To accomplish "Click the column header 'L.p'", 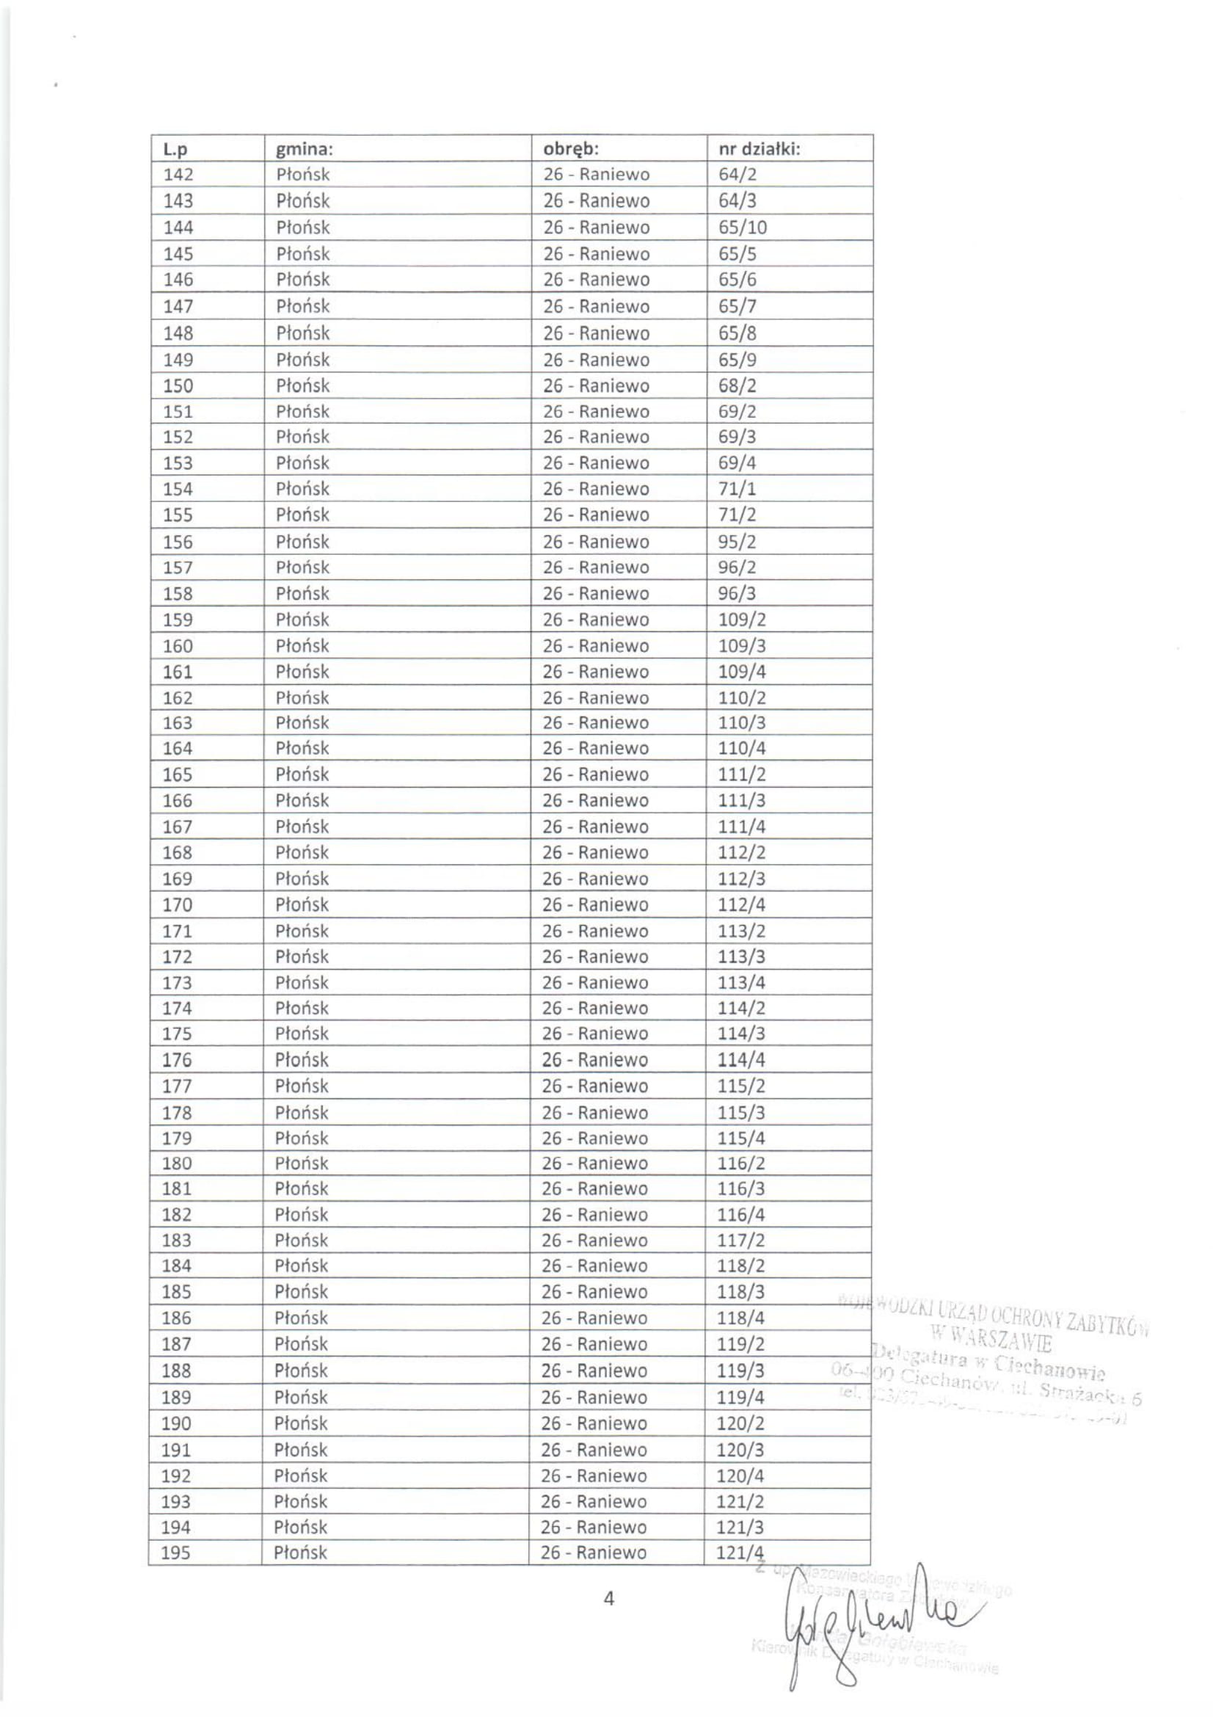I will coord(175,150).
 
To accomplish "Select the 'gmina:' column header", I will coord(305,150).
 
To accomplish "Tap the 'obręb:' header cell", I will coord(571,149).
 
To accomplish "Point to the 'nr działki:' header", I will coord(760,149).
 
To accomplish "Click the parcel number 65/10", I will coord(743,228).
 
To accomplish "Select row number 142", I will coord(178,175).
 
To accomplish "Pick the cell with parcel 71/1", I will coord(737,489).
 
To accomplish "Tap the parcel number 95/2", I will coord(737,542).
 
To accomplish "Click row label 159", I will coord(178,620).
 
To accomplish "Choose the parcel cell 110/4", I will coord(742,748).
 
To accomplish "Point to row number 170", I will coord(178,905).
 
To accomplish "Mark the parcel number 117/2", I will coord(741,1240).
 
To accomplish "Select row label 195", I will coord(176,1553).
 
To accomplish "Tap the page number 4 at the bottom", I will coord(608,1599).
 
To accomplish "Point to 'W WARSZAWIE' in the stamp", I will coord(990,1343).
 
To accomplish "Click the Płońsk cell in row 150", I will coord(302,386).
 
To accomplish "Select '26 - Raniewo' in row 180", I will coord(595,1163).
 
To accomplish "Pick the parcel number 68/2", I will coord(737,386).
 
